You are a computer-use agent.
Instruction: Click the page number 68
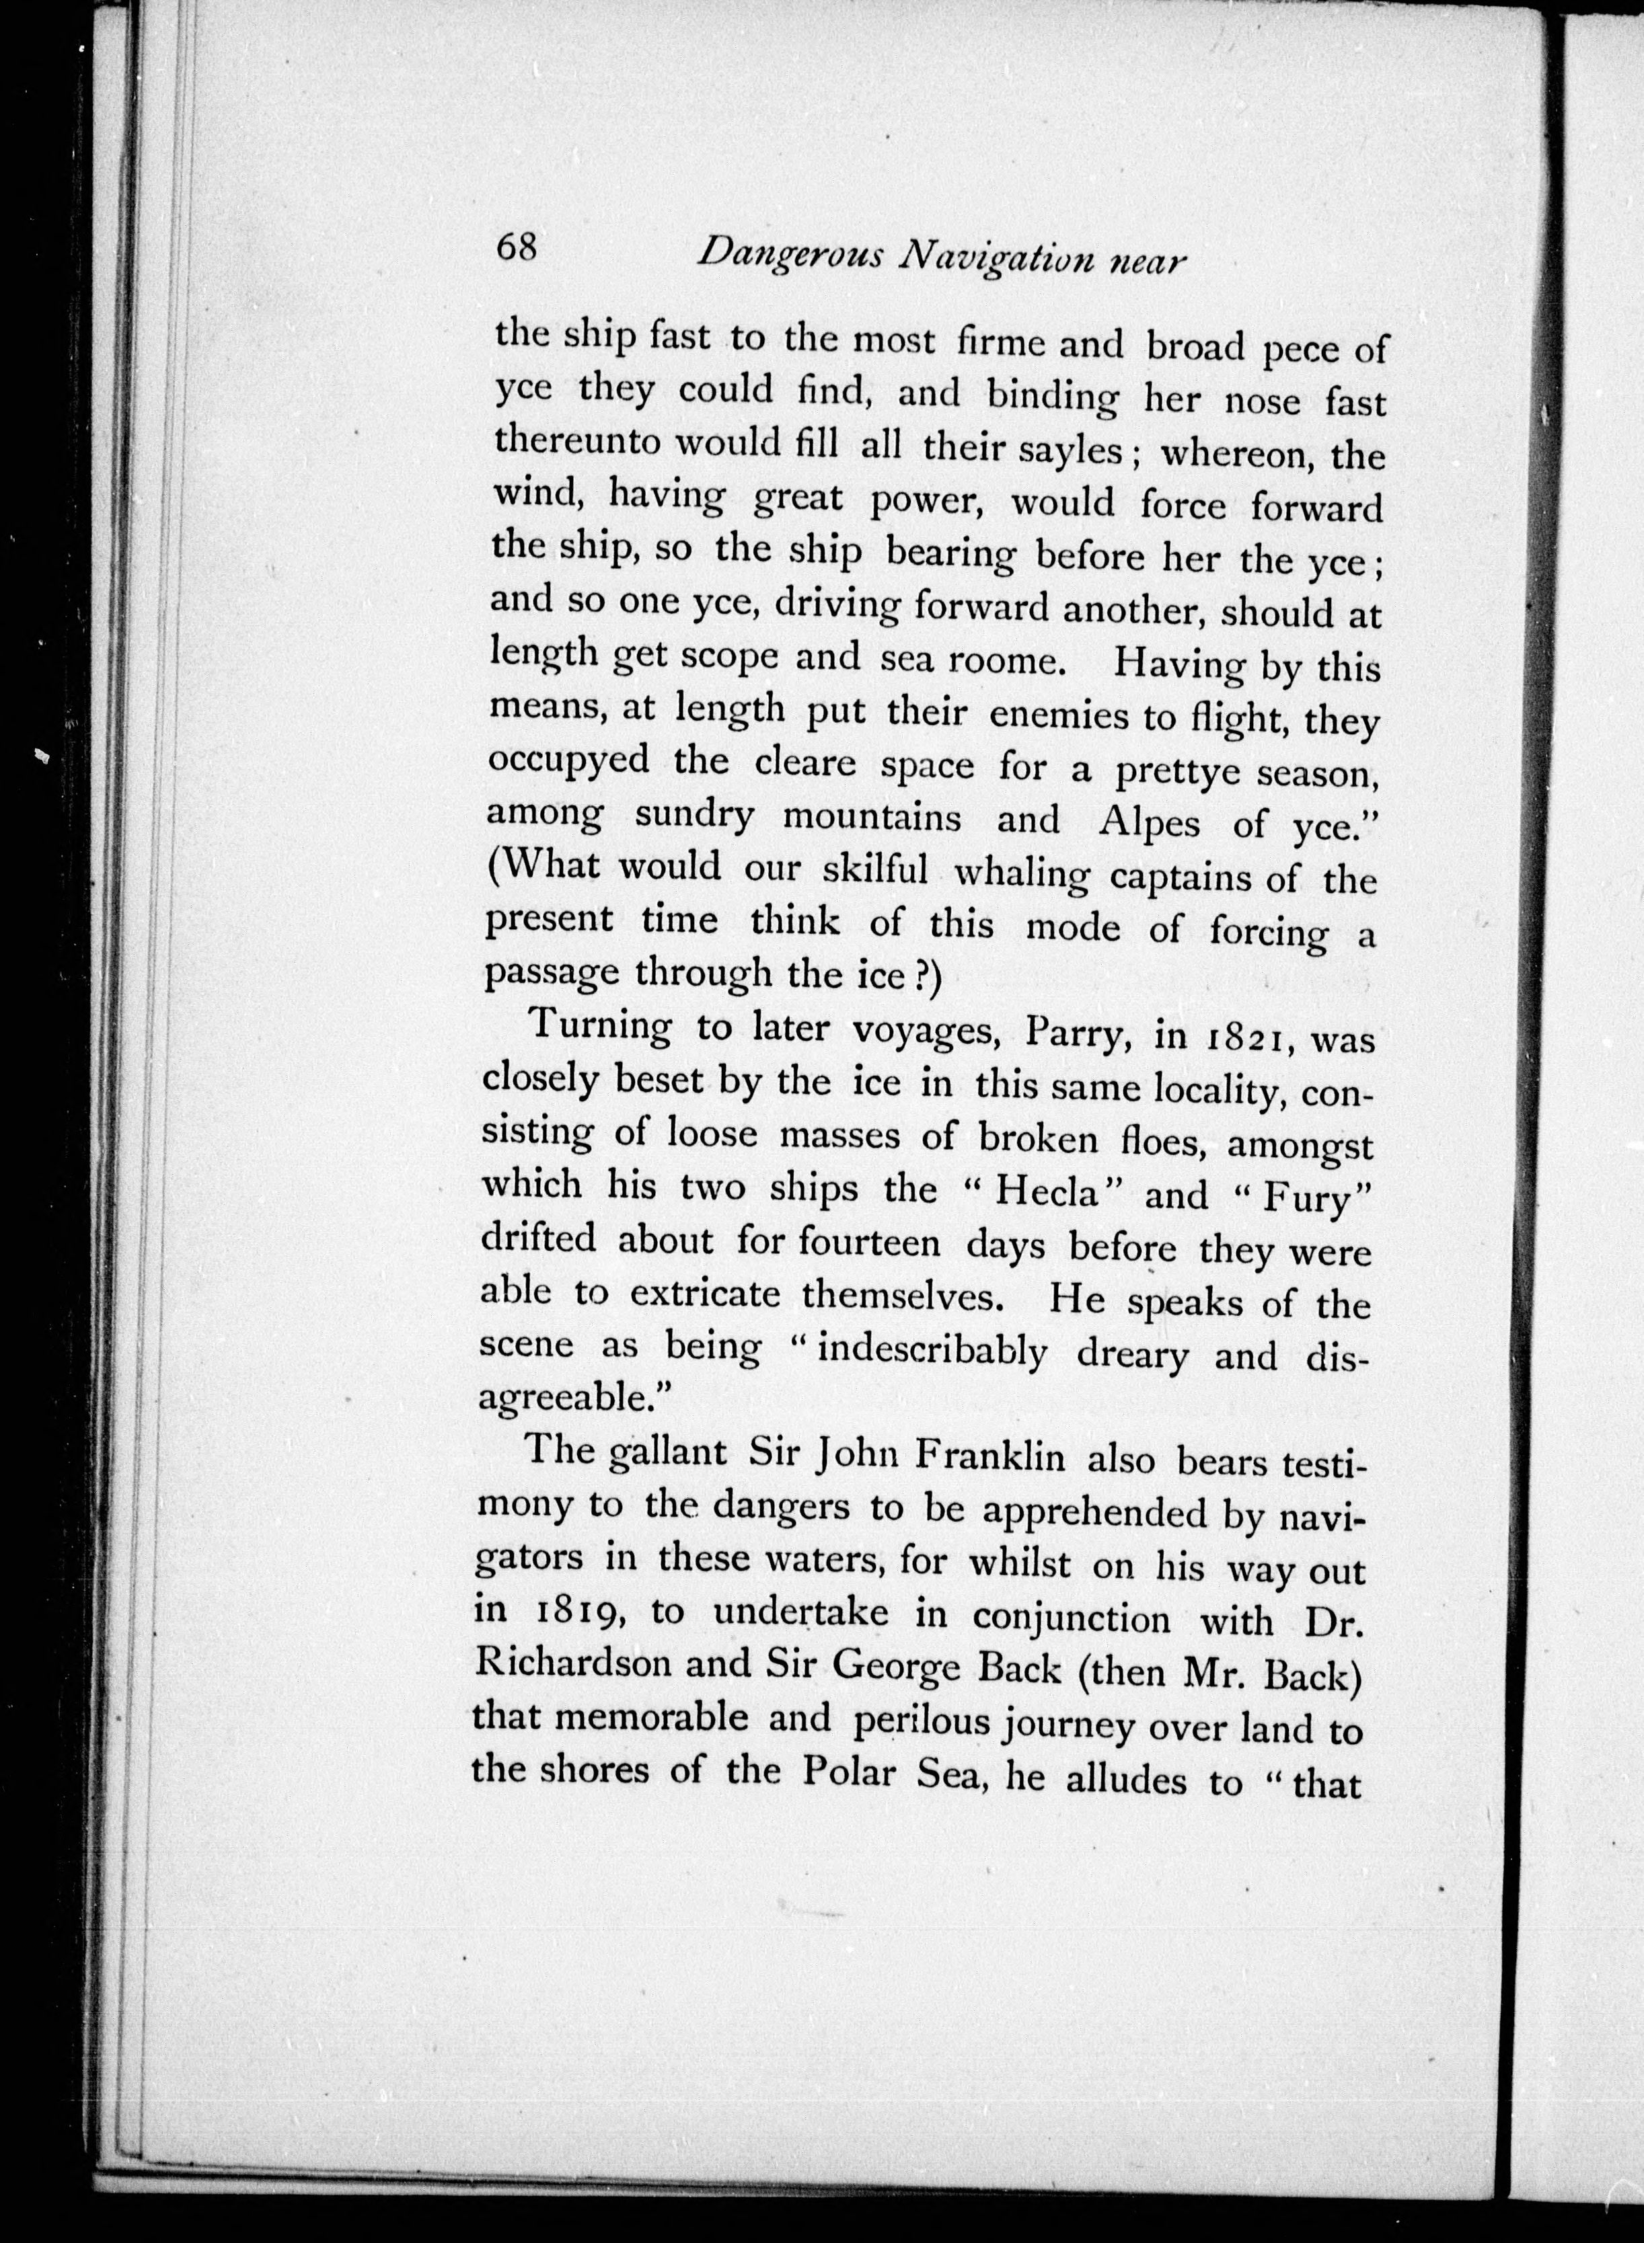pos(517,245)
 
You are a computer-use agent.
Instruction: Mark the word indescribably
pos(932,1351)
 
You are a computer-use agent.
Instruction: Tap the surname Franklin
pos(988,1457)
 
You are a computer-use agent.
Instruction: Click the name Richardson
pos(572,1663)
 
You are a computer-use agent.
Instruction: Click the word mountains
pos(872,818)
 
